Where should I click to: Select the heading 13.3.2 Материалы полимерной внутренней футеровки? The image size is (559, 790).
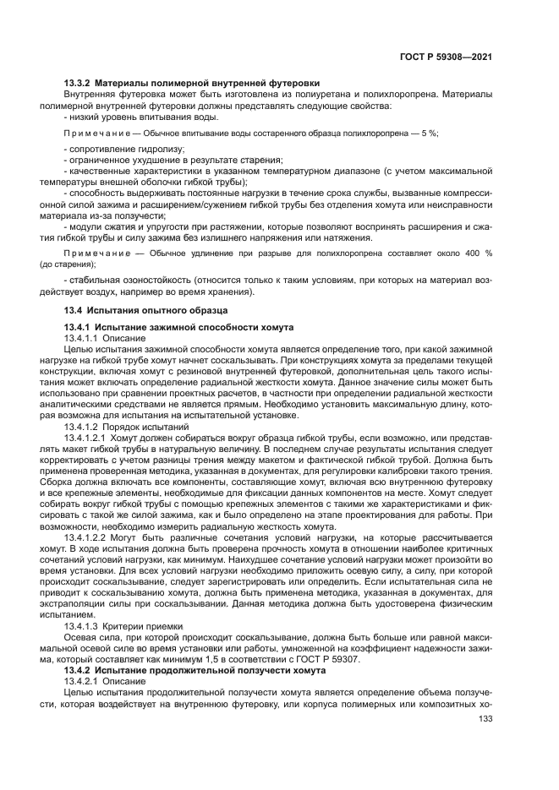click(191, 83)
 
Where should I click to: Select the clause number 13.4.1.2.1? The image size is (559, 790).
click(85, 439)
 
